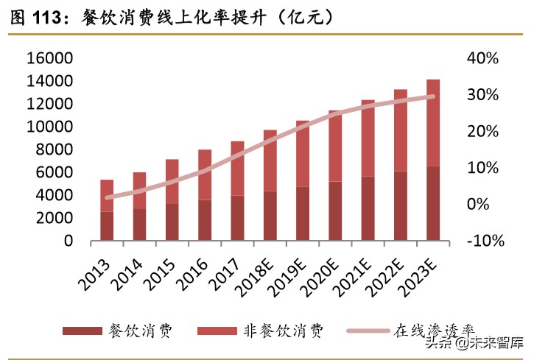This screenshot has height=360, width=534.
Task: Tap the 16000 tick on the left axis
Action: click(x=49, y=58)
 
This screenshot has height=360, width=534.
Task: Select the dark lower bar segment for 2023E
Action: click(x=434, y=204)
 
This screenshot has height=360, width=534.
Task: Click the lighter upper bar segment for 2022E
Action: click(x=401, y=130)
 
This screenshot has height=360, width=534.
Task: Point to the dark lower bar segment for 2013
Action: click(x=108, y=226)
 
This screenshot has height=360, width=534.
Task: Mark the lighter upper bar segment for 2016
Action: click(x=205, y=174)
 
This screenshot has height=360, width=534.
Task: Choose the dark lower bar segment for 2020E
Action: click(x=336, y=211)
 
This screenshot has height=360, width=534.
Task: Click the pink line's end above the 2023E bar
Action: click(x=433, y=96)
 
